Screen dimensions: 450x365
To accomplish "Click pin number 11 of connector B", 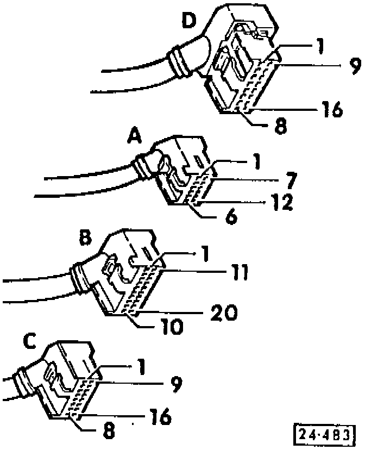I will (x=237, y=272).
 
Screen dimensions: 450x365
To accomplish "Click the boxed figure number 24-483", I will (x=324, y=434).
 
